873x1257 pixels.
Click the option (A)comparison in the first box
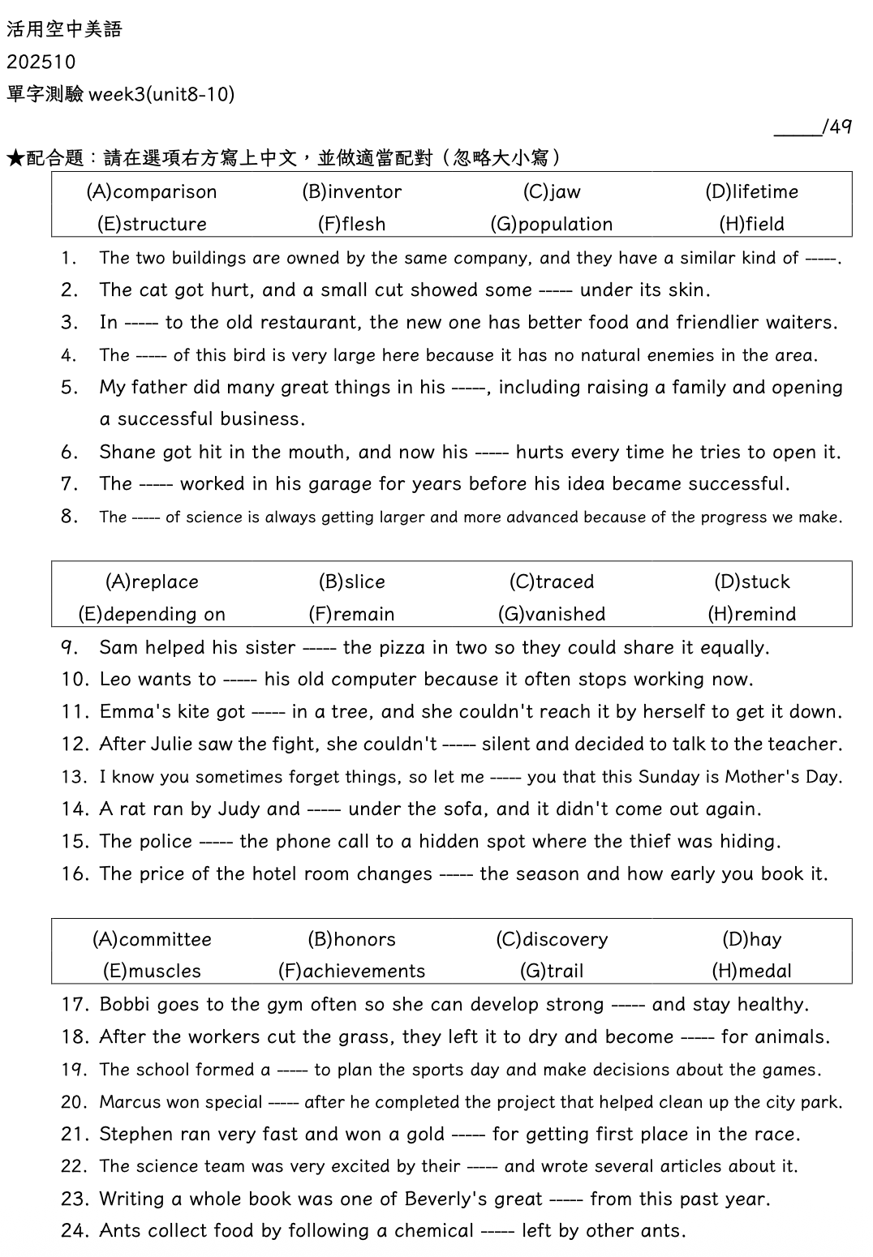click(152, 192)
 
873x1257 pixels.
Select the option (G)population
click(552, 225)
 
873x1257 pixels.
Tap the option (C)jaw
click(552, 192)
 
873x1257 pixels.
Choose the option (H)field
click(751, 225)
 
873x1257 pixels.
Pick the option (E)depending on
click(152, 615)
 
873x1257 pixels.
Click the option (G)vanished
click(552, 615)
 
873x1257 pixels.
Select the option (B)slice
click(352, 582)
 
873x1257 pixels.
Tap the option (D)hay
click(751, 940)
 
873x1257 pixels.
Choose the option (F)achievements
click(351, 972)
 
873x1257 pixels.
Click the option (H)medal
click(751, 972)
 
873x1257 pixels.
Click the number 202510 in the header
click(41, 62)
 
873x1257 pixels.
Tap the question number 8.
click(69, 517)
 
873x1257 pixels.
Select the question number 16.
click(74, 874)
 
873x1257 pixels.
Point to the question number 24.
click(74, 1231)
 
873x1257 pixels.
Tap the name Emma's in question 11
click(131, 712)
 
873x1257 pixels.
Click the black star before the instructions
click(15, 158)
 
